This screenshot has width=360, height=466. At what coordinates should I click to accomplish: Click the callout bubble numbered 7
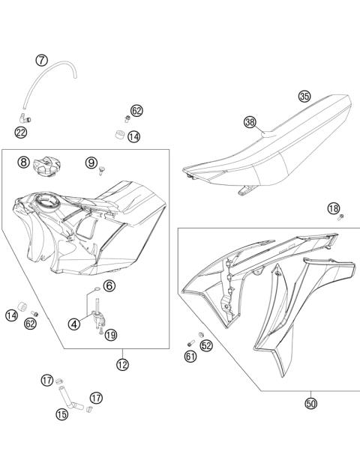[x=42, y=60]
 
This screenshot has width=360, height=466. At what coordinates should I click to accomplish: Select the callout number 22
[x=21, y=132]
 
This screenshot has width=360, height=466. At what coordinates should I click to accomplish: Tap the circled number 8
[x=24, y=162]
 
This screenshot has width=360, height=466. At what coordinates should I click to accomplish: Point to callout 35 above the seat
[x=304, y=97]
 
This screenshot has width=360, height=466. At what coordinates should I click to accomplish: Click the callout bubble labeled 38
[x=250, y=121]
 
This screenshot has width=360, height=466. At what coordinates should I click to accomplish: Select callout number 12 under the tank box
[x=122, y=365]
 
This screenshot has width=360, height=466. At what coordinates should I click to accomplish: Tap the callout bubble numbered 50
[x=310, y=404]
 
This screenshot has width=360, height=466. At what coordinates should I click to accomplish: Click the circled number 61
[x=190, y=357]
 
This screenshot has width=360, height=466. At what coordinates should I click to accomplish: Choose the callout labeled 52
[x=206, y=345]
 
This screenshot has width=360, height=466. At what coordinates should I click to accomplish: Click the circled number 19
[x=111, y=335]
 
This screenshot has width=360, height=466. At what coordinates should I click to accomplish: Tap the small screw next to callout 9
[x=99, y=174]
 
